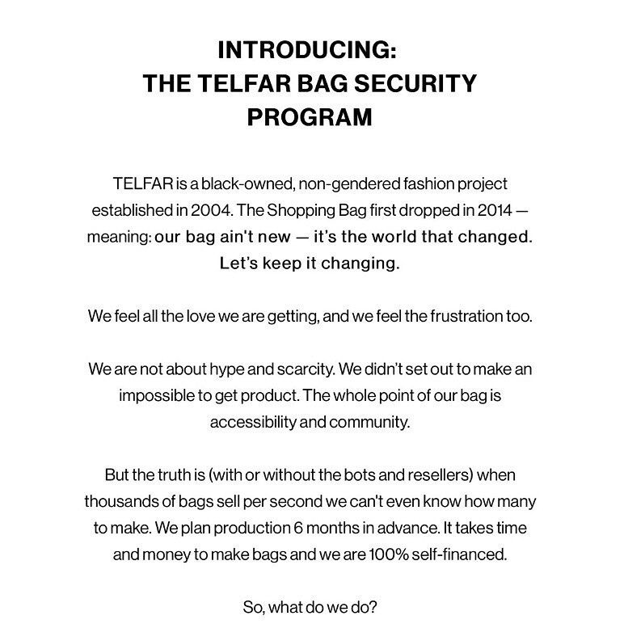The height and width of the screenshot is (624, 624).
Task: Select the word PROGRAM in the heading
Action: (310, 116)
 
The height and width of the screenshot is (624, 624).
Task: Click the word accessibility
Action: (255, 422)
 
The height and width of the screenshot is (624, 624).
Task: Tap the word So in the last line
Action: (251, 606)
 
